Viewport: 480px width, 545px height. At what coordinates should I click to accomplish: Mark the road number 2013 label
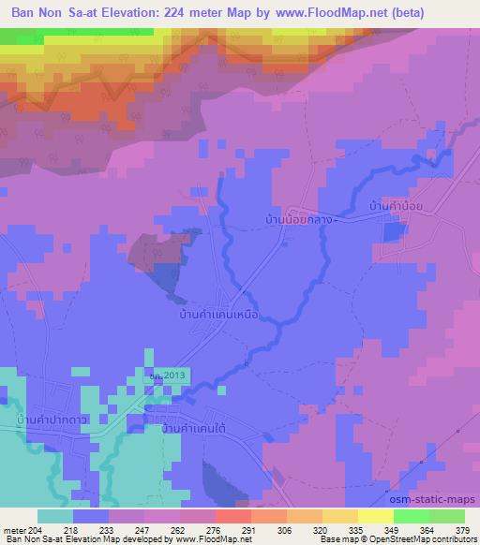[x=167, y=375]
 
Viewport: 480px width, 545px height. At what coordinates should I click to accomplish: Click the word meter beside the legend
[x=14, y=529]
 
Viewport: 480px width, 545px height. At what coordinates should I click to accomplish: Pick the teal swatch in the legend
[x=55, y=516]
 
